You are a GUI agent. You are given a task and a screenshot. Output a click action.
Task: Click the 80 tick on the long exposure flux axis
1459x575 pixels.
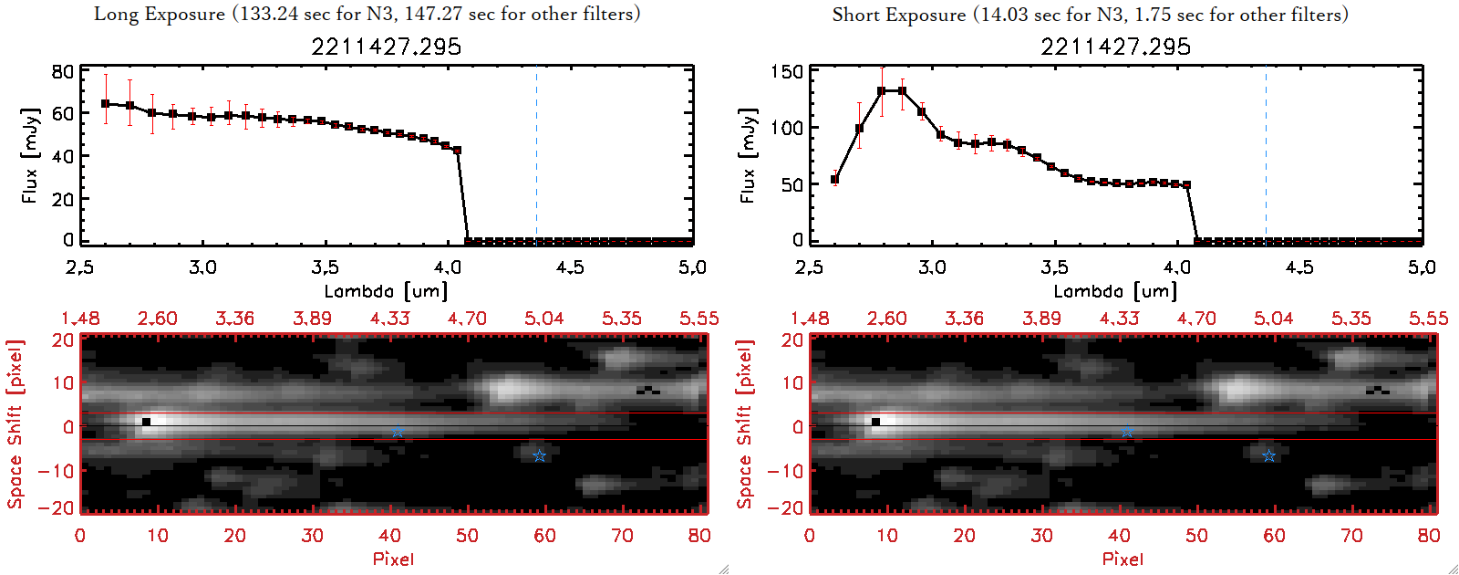[x=62, y=71]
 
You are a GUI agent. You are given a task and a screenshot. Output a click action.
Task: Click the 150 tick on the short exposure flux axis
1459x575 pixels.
[x=787, y=71]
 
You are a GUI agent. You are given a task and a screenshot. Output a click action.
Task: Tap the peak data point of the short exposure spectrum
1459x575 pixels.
[x=882, y=91]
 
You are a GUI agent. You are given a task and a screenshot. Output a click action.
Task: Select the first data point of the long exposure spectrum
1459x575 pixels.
[x=106, y=104]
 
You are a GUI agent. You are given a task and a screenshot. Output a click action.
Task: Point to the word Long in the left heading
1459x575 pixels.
[x=117, y=14]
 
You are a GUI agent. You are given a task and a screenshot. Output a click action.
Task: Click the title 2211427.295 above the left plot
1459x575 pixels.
[x=386, y=47]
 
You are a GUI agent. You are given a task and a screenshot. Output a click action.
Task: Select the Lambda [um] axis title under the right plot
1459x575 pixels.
[x=1115, y=291]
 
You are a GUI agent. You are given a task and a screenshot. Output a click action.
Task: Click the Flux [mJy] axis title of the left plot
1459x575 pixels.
[x=30, y=155]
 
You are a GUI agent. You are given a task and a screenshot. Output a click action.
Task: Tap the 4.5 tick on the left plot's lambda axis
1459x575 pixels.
[x=570, y=267]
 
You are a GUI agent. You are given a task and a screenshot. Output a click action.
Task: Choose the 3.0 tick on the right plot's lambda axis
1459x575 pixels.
[x=932, y=267]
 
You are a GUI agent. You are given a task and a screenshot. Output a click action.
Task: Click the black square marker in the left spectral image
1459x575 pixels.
[x=146, y=422]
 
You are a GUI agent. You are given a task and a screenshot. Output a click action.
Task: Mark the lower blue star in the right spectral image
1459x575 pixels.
[x=1268, y=455]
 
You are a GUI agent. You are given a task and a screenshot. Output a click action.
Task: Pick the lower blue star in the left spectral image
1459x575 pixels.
[x=539, y=455]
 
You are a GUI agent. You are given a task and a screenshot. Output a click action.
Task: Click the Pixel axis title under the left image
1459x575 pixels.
[x=393, y=559]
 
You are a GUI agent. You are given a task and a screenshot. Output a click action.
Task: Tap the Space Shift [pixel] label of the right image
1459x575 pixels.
[x=745, y=424]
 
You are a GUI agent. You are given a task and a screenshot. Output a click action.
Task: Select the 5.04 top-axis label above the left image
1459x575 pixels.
[x=543, y=318]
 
